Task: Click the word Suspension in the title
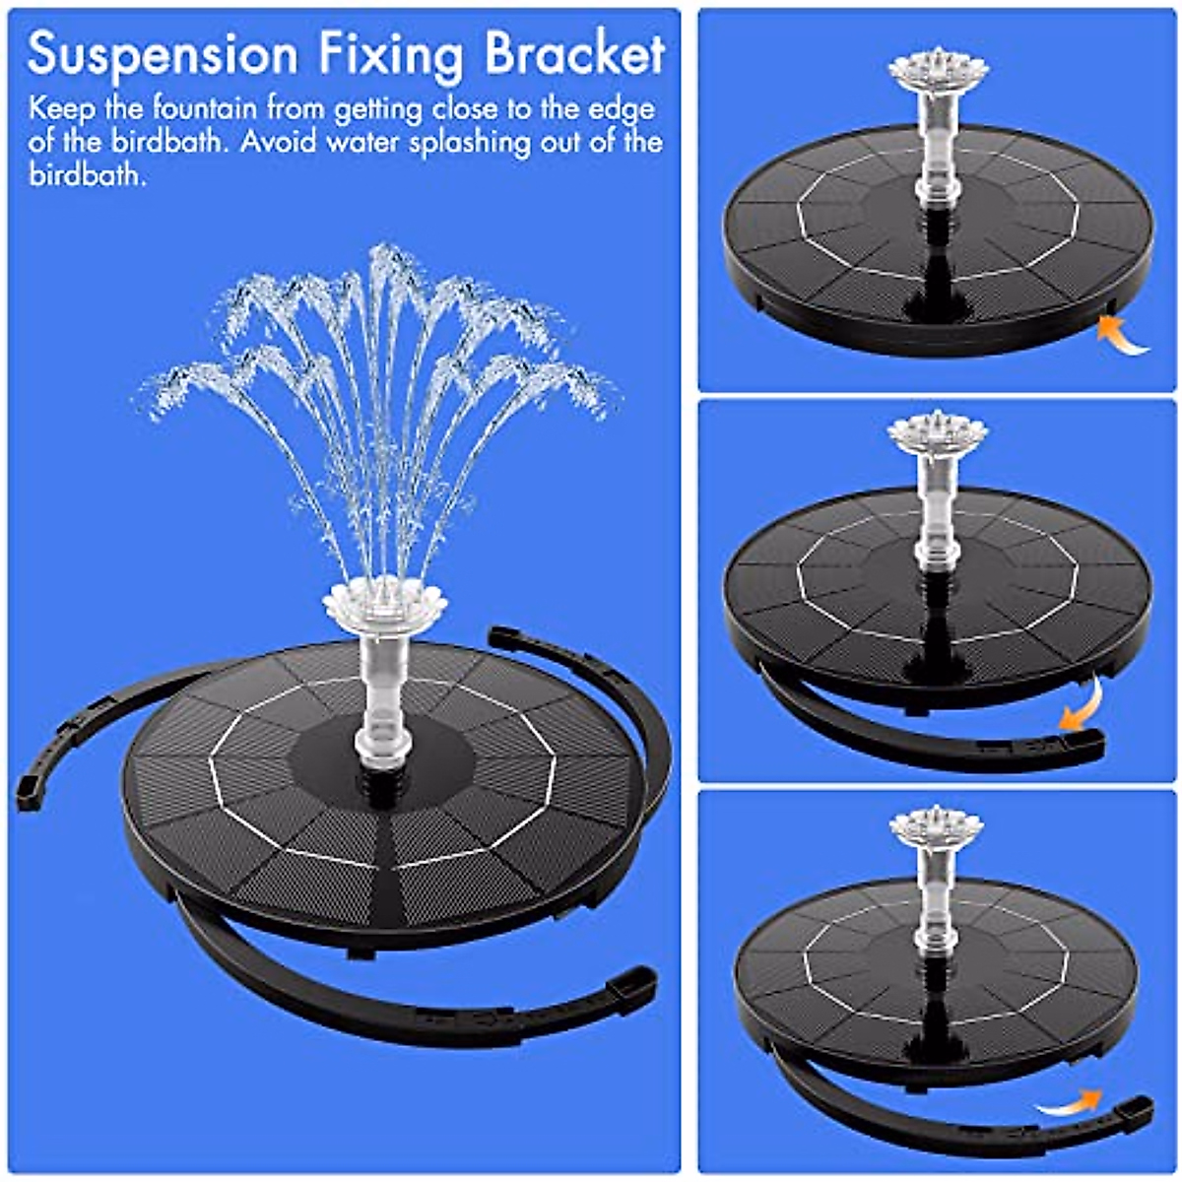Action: click(163, 55)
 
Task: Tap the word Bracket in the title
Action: click(574, 55)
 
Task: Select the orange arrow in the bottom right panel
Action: click(1070, 1103)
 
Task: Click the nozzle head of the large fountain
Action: click(384, 602)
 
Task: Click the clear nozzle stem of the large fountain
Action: click(383, 689)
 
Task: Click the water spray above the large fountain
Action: click(379, 394)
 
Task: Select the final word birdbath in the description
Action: click(87, 177)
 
